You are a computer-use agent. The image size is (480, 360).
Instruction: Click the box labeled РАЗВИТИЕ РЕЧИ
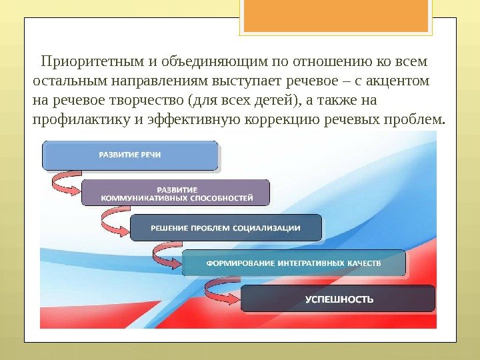pyautogui.click(x=130, y=155)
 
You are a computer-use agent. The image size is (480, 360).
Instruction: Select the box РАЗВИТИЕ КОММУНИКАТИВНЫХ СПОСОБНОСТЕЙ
pyautogui.click(x=176, y=193)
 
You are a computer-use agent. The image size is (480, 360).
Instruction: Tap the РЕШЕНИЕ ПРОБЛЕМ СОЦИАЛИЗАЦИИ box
pyautogui.click(x=225, y=227)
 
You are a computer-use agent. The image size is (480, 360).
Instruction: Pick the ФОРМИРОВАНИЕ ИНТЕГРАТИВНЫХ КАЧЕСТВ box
pyautogui.click(x=293, y=263)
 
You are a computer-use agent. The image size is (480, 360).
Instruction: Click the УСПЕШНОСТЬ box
pyautogui.click(x=338, y=299)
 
